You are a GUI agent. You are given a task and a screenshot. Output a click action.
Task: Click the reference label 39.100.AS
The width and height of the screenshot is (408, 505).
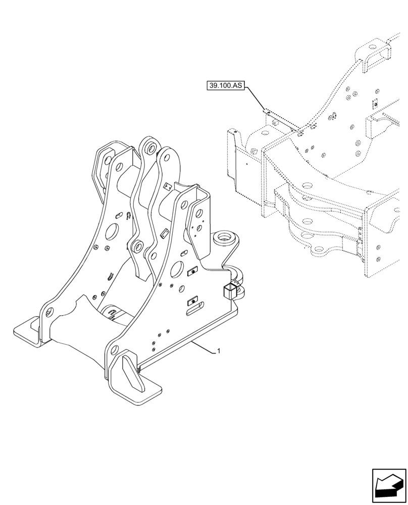(x=225, y=86)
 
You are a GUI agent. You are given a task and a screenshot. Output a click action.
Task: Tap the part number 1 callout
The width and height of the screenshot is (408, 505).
(x=218, y=351)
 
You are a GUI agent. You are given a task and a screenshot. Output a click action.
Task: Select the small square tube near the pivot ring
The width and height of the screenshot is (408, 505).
(x=228, y=291)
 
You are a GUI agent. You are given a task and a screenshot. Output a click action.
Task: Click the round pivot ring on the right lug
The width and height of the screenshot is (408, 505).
(x=224, y=237)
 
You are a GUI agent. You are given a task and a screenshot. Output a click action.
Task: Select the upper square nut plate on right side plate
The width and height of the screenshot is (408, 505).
(x=192, y=273)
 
